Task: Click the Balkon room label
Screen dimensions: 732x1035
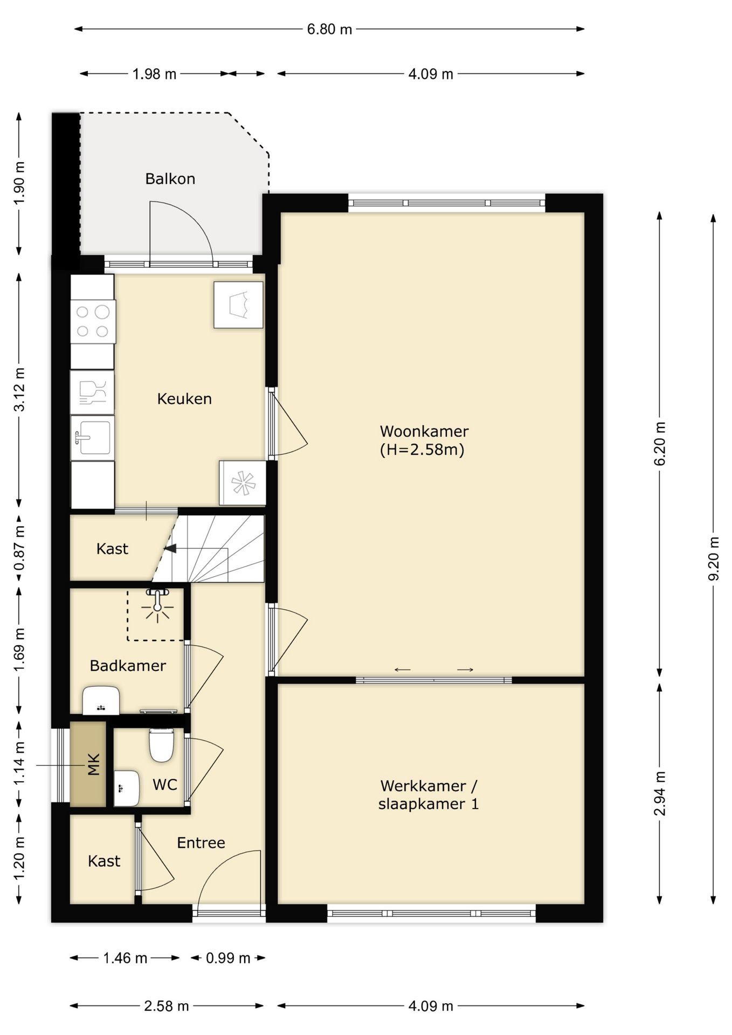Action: pyautogui.click(x=170, y=178)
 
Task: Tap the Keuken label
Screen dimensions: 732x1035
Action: pyautogui.click(x=184, y=398)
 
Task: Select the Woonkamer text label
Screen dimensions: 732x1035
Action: pyautogui.click(x=424, y=431)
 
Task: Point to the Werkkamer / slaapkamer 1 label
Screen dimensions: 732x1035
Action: pyautogui.click(x=429, y=795)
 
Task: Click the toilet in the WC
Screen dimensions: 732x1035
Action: pyautogui.click(x=161, y=744)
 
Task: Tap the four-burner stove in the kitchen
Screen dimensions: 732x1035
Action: pyautogui.click(x=93, y=321)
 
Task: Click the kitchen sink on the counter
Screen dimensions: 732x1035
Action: pyautogui.click(x=93, y=438)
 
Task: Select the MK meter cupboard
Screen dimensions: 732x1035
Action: pyautogui.click(x=88, y=764)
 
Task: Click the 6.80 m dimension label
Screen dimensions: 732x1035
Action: pyautogui.click(x=329, y=29)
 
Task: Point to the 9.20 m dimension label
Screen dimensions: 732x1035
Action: pyautogui.click(x=713, y=559)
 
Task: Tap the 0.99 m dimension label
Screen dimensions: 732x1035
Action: pyautogui.click(x=228, y=958)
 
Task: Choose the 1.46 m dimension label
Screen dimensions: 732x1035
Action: pyautogui.click(x=125, y=958)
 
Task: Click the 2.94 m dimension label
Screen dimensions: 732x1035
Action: pyautogui.click(x=659, y=793)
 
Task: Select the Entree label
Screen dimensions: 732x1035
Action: pyautogui.click(x=201, y=843)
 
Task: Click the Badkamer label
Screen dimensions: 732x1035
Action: pyautogui.click(x=128, y=666)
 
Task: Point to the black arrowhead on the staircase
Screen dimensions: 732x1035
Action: pyautogui.click(x=170, y=549)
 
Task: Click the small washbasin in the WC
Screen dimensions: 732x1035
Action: pyautogui.click(x=127, y=788)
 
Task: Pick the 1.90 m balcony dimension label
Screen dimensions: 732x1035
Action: pyautogui.click(x=19, y=183)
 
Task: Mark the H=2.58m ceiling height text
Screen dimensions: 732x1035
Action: pyautogui.click(x=422, y=450)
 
